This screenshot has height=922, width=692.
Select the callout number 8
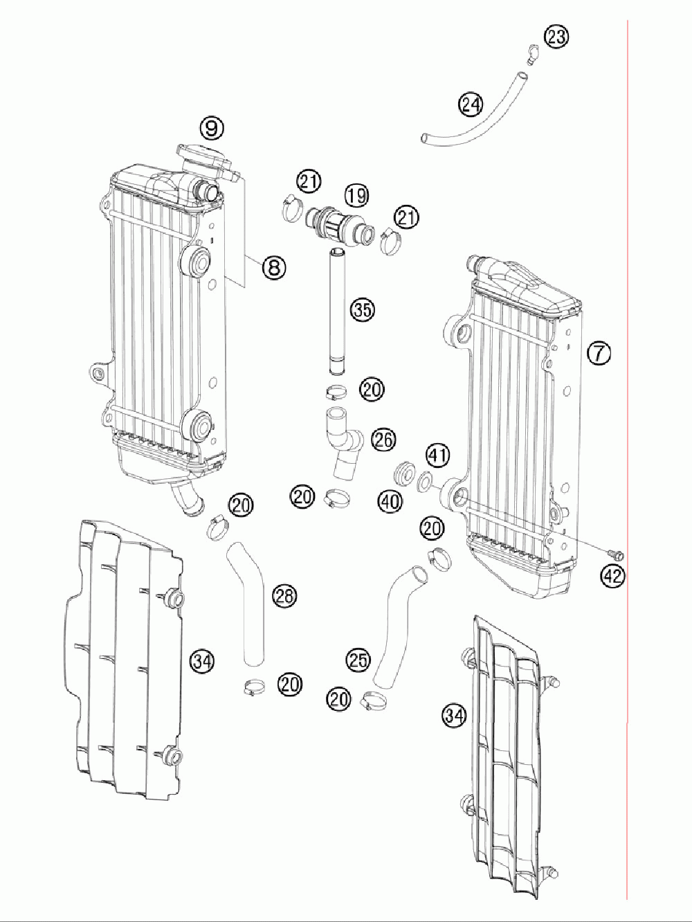[274, 266]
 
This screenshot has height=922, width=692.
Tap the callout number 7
[599, 353]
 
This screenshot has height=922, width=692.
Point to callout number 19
[357, 196]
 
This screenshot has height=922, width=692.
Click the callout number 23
[556, 37]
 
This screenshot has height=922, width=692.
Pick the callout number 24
[470, 105]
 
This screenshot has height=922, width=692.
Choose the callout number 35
[361, 309]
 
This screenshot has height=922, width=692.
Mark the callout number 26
[383, 439]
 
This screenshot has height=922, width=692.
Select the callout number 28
[284, 595]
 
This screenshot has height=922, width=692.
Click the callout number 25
[358, 660]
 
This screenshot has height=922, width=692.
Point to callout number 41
[437, 455]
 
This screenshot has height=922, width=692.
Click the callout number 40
[390, 501]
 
